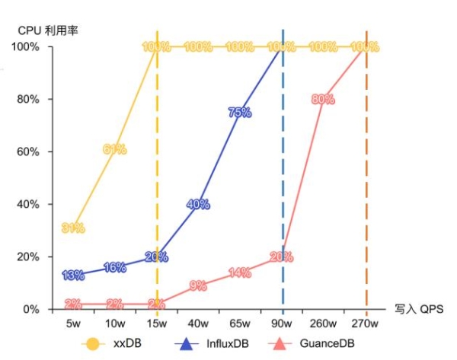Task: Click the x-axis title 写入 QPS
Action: (418, 309)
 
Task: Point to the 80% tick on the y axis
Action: (29, 99)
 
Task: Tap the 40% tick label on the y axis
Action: (29, 204)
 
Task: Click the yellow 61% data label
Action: (114, 149)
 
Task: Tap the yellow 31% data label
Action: (73, 228)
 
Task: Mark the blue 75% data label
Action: (239, 113)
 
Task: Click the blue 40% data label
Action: (198, 204)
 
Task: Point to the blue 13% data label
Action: (73, 276)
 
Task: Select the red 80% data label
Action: (323, 99)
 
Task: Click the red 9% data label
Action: (198, 286)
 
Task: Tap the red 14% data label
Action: (239, 272)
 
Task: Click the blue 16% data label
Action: (114, 267)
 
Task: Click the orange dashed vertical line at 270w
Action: (366, 190)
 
